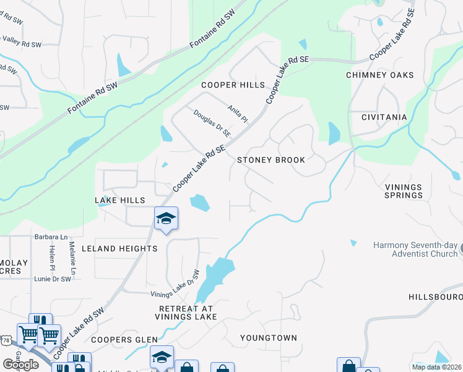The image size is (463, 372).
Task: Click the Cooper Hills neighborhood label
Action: click(233, 85)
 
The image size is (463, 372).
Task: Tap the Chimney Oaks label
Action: click(379, 75)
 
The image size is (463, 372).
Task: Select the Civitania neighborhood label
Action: click(384, 117)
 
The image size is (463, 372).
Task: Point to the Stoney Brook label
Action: click(271, 160)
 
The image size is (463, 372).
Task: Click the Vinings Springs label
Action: click(403, 191)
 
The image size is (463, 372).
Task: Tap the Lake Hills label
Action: click(119, 200)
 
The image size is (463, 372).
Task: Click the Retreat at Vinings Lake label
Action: click(188, 312)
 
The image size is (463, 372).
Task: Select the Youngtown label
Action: click(269, 338)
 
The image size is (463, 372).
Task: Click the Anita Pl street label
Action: click(237, 113)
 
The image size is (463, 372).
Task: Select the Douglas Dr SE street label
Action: click(212, 123)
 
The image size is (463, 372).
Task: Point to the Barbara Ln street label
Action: click(51, 236)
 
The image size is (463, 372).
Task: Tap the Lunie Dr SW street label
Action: click(52, 279)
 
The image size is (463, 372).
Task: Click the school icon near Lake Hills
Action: click(166, 218)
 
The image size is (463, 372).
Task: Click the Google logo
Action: click(20, 365)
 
